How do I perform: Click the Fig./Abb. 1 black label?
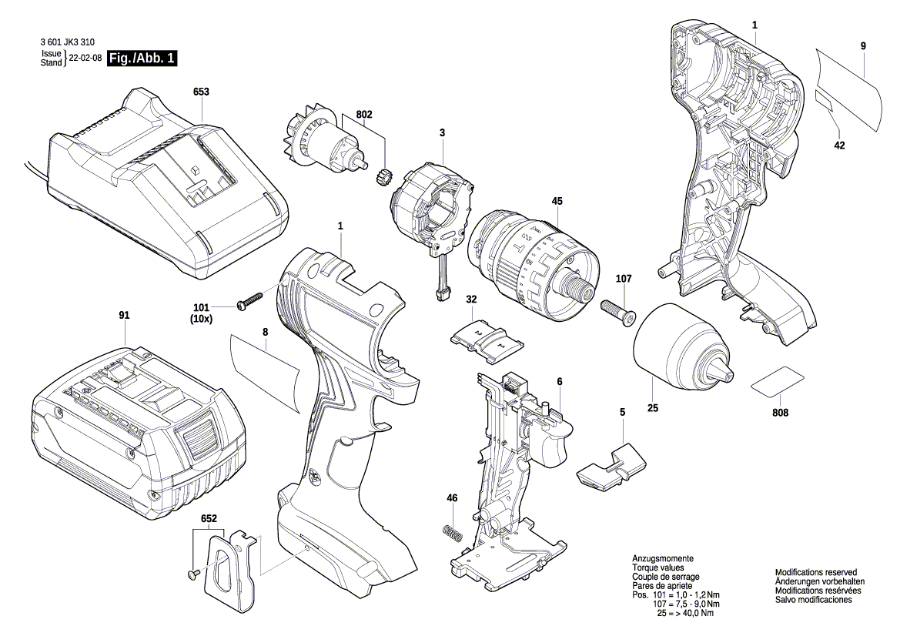click(x=142, y=59)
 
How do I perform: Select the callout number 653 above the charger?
click(x=201, y=92)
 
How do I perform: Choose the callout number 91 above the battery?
click(x=124, y=315)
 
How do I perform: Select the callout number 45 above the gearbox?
click(x=557, y=202)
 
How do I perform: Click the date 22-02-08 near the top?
click(x=85, y=59)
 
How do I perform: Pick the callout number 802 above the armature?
click(x=364, y=115)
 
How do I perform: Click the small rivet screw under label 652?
click(x=192, y=574)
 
